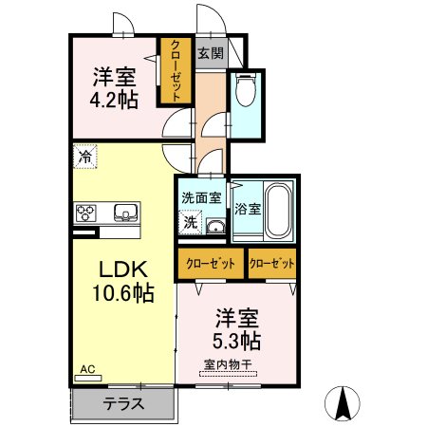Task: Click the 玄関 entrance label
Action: pyautogui.click(x=210, y=54)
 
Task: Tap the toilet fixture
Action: pyautogui.click(x=246, y=91)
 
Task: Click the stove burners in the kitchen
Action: pyautogui.click(x=85, y=212)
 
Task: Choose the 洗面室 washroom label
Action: pyautogui.click(x=201, y=198)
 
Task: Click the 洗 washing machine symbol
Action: pyautogui.click(x=191, y=224)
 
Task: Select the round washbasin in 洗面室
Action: pyautogui.click(x=215, y=225)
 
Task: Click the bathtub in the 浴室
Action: pyautogui.click(x=279, y=210)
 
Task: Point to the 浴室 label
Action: pyautogui.click(x=248, y=207)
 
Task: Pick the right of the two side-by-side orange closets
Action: pyautogui.click(x=271, y=263)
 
